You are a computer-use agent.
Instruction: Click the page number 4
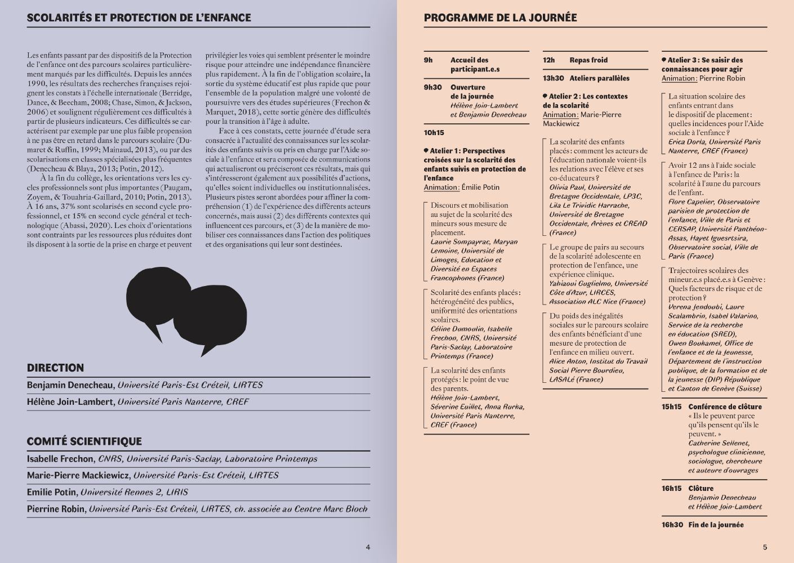tap(368, 547)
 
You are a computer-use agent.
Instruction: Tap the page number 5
tap(765, 547)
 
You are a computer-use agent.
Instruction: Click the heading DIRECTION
tap(55, 368)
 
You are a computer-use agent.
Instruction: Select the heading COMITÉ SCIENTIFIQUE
tap(84, 441)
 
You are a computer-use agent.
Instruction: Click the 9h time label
tap(429, 60)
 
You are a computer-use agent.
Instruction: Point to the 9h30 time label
tap(432, 87)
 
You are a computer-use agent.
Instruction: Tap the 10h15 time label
tap(434, 133)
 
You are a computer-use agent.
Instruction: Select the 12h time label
tap(548, 60)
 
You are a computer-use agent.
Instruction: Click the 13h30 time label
tap(553, 78)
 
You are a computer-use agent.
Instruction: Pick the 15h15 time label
tap(671, 406)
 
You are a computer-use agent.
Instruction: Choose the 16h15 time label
tap(671, 489)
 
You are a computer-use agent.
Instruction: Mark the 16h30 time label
tap(672, 525)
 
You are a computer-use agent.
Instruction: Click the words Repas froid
tap(588, 60)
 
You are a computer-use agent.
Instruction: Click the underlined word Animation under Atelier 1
tap(441, 187)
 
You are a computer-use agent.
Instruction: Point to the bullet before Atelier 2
tap(545, 96)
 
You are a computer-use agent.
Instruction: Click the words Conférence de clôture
tap(725, 406)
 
